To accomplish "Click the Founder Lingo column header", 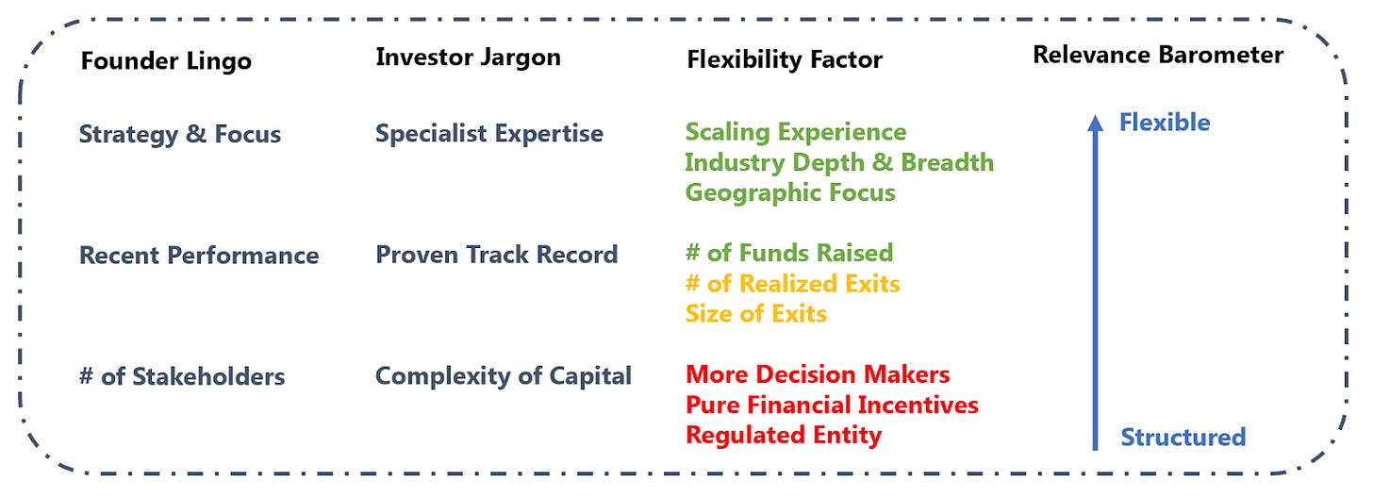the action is click(x=166, y=60).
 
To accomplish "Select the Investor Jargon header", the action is click(x=469, y=57).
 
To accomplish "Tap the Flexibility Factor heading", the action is click(x=785, y=59).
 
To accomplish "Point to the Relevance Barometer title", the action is click(x=1158, y=55).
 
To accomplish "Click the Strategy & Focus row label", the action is click(x=180, y=134).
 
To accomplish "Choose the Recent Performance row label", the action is click(x=199, y=255).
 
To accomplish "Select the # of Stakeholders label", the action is click(x=182, y=376).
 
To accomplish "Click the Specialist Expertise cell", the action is click(x=489, y=134).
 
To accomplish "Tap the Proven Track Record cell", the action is click(x=496, y=255).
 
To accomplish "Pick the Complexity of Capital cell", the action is click(x=504, y=375).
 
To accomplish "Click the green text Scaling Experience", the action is click(x=796, y=132).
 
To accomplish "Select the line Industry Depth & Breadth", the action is click(x=839, y=162).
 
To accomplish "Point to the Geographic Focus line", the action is click(x=790, y=192).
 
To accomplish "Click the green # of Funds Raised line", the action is click(x=789, y=253).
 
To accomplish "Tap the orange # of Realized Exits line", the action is click(x=793, y=283).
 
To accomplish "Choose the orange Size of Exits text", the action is click(x=755, y=313).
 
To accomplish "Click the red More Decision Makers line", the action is click(x=818, y=373).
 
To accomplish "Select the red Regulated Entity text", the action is click(x=784, y=435).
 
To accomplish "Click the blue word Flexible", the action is click(x=1165, y=123).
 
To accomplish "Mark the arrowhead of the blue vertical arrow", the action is click(x=1096, y=122).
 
